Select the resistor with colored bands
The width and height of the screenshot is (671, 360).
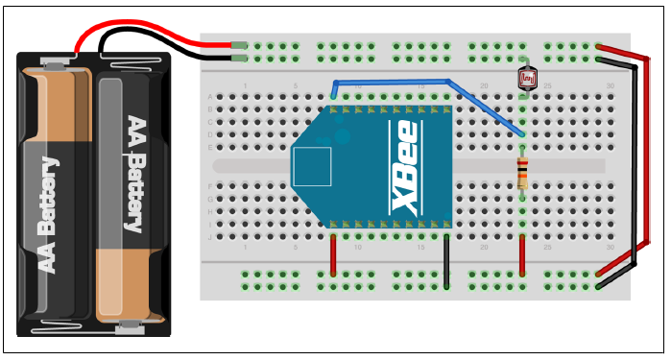[x=522, y=174]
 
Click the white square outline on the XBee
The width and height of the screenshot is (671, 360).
[x=311, y=166]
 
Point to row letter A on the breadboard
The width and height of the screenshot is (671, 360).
[x=210, y=97]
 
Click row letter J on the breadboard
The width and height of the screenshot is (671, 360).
[x=210, y=236]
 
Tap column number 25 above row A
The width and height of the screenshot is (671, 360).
[x=547, y=86]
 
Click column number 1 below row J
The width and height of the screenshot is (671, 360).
[x=247, y=247]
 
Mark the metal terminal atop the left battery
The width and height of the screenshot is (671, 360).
[x=58, y=64]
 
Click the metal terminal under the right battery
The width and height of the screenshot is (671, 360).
[x=125, y=329]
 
